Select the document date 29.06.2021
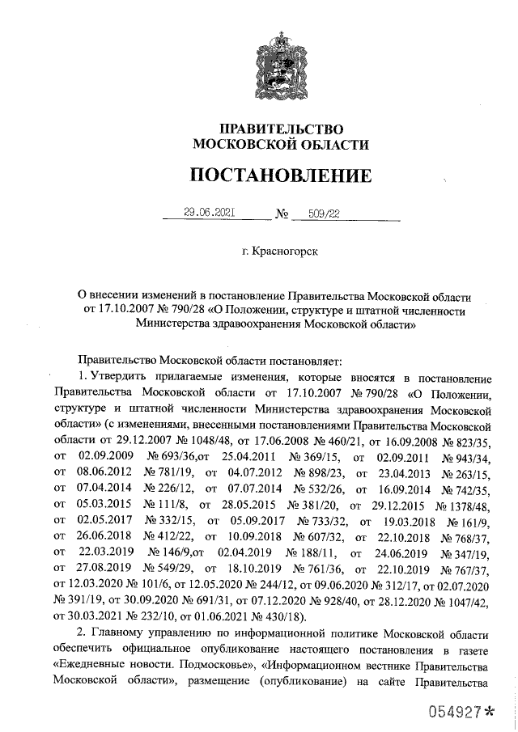[209, 213]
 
